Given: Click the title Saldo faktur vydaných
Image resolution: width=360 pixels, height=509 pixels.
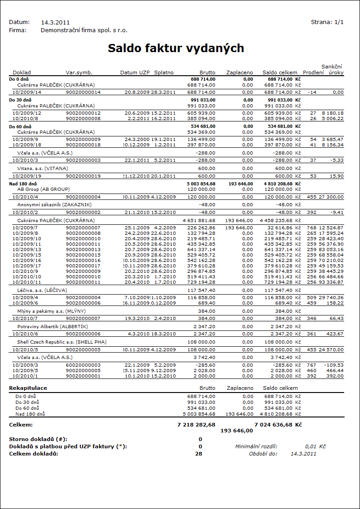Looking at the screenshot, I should [176, 48].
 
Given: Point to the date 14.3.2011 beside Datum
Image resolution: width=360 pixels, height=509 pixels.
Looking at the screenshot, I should [55, 22].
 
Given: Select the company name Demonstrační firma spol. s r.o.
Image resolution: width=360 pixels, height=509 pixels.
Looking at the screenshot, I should [84, 30].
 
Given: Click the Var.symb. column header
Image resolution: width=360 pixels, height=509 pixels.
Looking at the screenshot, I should [79, 73].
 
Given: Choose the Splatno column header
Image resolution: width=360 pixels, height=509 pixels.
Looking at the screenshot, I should [164, 73].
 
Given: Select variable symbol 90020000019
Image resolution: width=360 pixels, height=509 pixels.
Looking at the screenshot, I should [83, 176].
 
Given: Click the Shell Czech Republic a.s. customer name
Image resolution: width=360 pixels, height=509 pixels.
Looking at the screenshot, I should [55, 342].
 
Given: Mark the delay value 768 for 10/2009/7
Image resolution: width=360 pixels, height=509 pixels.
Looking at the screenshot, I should [311, 228].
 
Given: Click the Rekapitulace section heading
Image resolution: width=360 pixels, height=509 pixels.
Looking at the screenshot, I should [28, 388].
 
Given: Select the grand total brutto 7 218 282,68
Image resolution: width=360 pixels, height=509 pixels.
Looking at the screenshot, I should [195, 425].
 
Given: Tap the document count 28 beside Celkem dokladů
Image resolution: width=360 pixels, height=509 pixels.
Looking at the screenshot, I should [198, 454].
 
